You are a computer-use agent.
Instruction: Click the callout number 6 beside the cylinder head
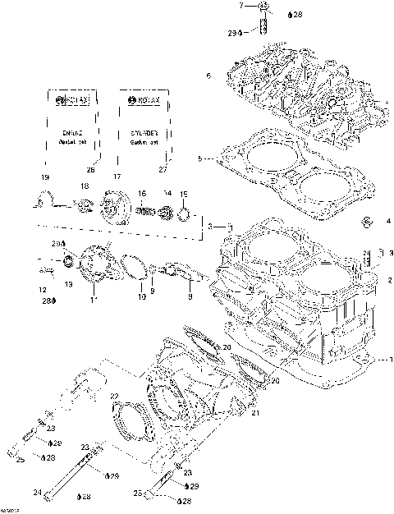click(208, 76)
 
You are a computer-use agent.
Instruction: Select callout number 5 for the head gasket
click(199, 158)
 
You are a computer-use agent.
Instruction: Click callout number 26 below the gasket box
click(91, 169)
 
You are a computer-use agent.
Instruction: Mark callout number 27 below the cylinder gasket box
click(162, 169)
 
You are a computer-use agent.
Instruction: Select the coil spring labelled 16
click(144, 212)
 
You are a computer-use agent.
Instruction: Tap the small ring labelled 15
click(185, 216)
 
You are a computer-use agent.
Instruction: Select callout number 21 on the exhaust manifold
click(255, 414)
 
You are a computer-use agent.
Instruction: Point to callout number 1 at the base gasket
click(391, 360)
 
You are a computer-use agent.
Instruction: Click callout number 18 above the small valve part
click(83, 187)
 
